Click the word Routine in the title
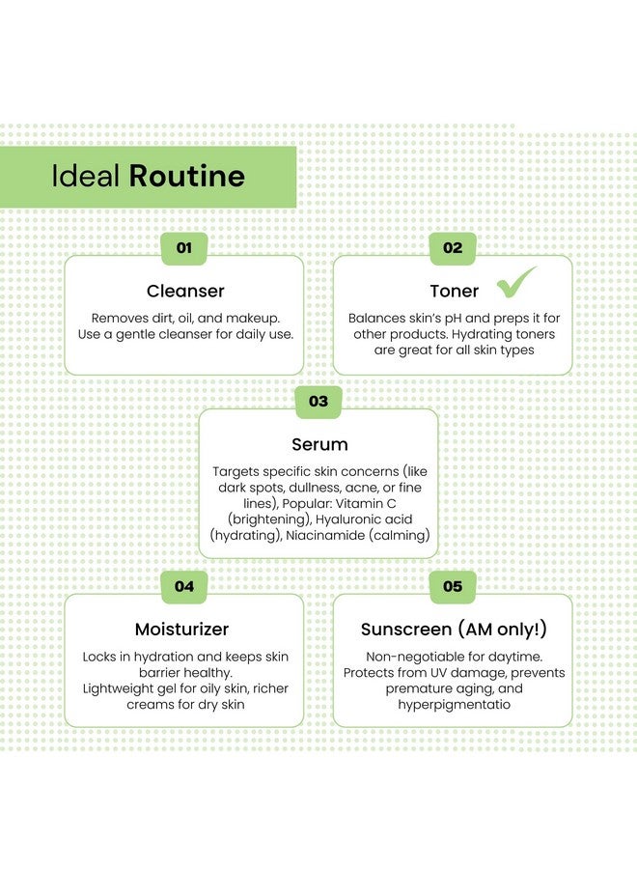[186, 176]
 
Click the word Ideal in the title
[85, 176]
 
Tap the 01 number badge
[184, 248]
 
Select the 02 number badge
[453, 248]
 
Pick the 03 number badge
[318, 402]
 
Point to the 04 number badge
[184, 586]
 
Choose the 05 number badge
[453, 586]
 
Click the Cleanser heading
[185, 291]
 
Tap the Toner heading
[455, 291]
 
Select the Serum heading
[319, 444]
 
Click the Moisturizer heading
[181, 629]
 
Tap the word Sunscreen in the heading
[406, 629]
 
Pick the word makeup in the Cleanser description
[253, 319]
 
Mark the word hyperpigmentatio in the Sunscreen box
[455, 705]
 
